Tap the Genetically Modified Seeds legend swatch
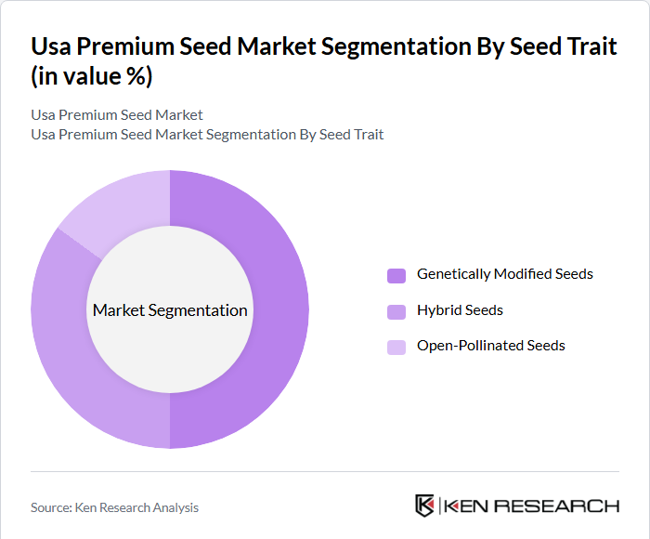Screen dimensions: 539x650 [x=396, y=275]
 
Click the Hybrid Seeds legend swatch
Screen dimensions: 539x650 [x=396, y=311]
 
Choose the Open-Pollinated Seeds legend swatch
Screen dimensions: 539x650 [x=396, y=347]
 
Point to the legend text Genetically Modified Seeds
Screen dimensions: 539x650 [x=504, y=274]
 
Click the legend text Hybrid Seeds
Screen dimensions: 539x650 [x=460, y=310]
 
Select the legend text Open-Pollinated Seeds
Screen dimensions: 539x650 [x=490, y=346]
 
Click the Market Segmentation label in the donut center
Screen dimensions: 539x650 [x=170, y=310]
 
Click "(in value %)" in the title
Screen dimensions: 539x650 [x=91, y=77]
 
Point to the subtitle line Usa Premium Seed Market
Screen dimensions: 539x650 [x=117, y=115]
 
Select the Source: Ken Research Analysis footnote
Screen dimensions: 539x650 [x=114, y=507]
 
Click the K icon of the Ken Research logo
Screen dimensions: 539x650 [x=424, y=506]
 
